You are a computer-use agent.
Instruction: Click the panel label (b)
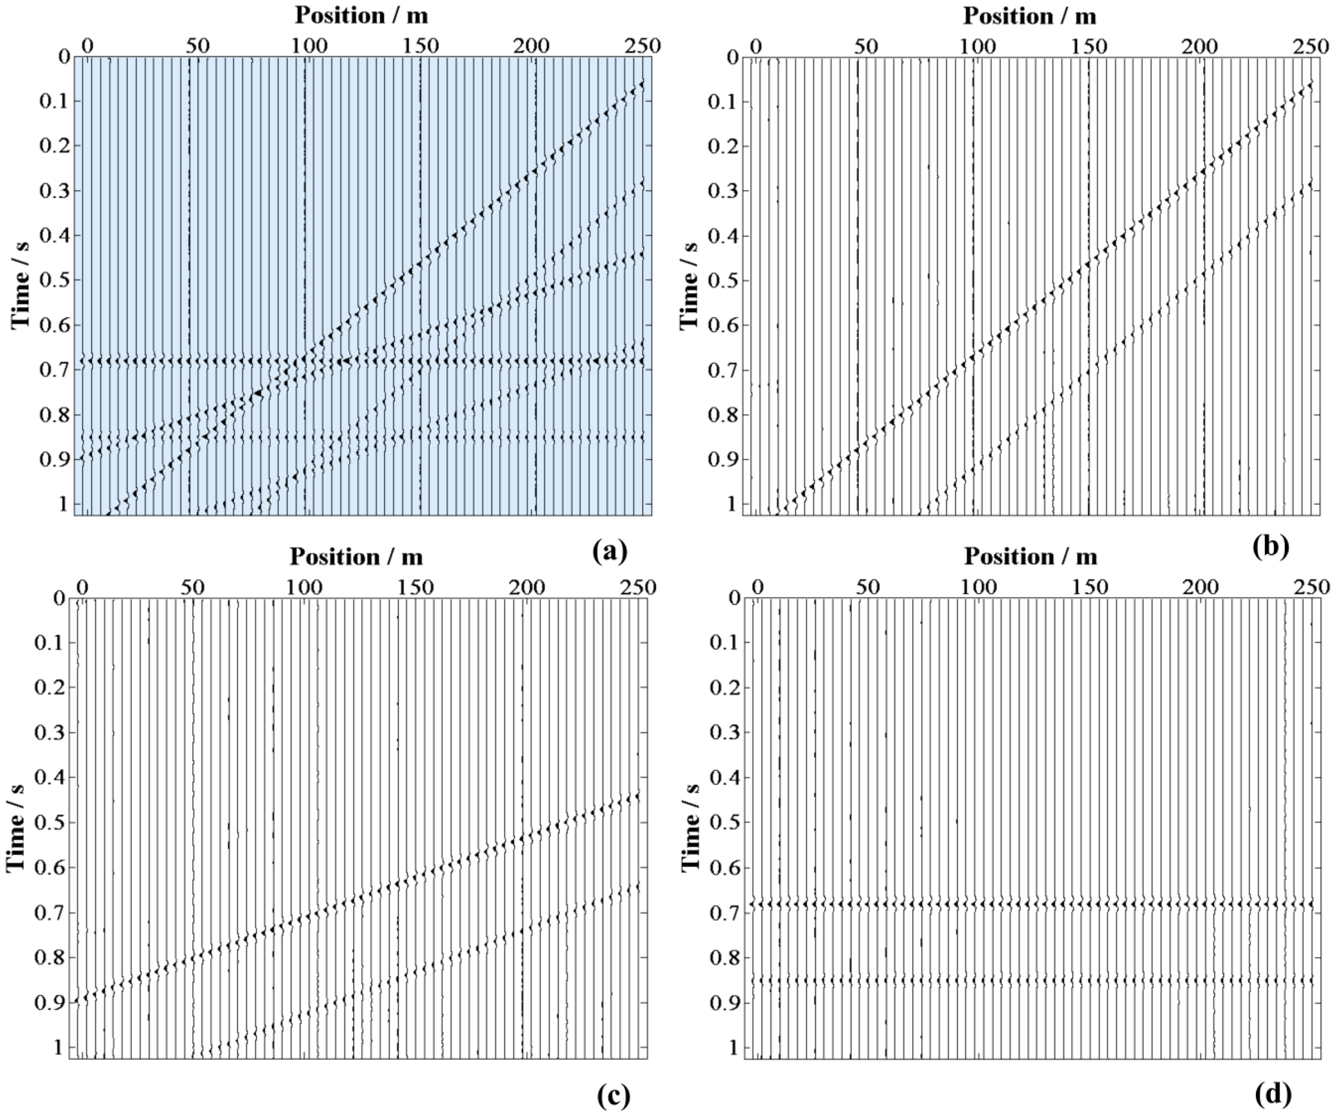[1270, 546]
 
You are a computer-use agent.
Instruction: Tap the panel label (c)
[613, 1094]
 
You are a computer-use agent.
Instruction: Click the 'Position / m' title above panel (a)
[361, 16]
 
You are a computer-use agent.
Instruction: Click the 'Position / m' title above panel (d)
[1031, 557]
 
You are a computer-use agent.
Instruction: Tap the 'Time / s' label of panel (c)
[16, 827]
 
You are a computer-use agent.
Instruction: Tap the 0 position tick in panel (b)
[755, 47]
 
